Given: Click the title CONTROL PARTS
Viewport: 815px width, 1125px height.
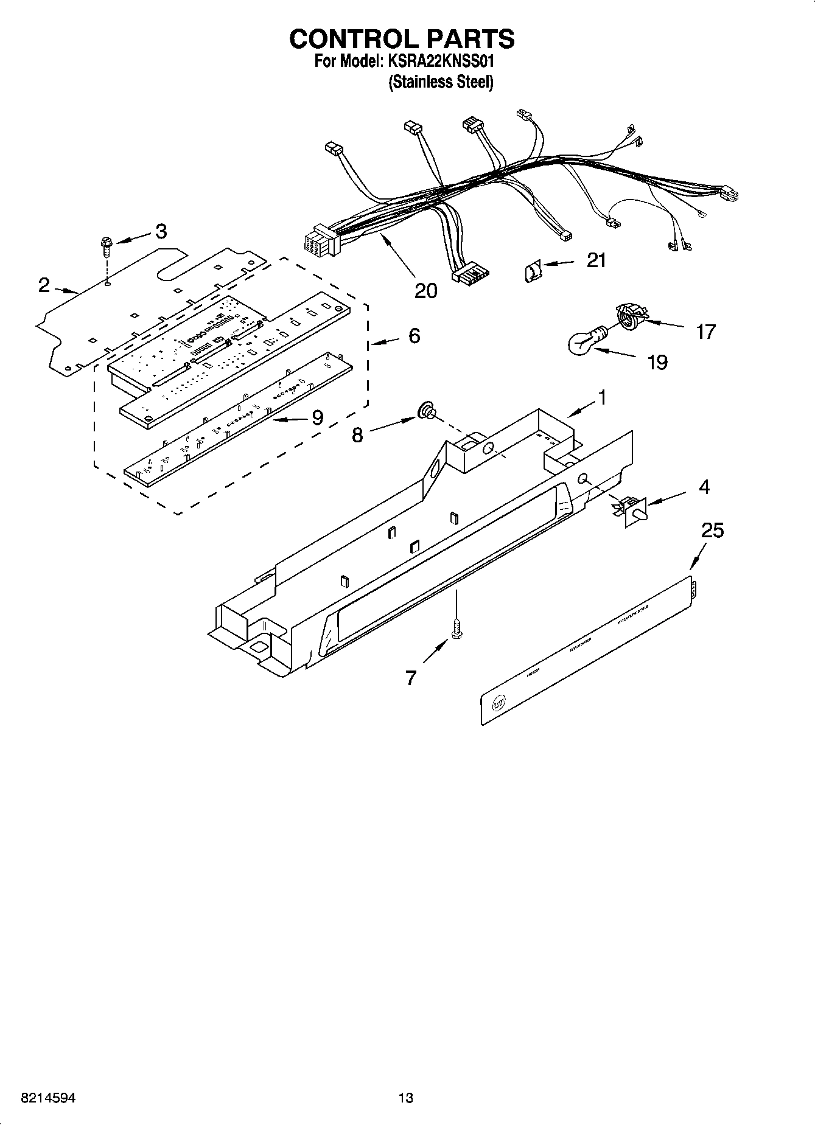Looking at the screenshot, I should tap(402, 38).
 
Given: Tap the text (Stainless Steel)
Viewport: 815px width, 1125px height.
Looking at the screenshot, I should tap(441, 82).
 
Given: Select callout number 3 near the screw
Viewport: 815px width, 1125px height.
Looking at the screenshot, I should tap(160, 231).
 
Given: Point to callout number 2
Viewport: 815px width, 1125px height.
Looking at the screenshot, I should tap(44, 285).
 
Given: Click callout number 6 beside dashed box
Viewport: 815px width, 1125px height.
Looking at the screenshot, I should tap(414, 336).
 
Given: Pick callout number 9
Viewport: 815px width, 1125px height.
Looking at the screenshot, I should tap(317, 417).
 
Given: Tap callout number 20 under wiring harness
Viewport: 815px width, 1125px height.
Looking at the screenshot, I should tap(425, 291).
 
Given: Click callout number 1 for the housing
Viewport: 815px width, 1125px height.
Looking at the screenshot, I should tap(602, 398).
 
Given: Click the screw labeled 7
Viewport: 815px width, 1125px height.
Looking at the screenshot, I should tap(455, 630).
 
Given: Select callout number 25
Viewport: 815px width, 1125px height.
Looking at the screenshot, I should tap(712, 531).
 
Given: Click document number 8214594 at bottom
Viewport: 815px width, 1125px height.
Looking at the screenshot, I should tap(49, 1098).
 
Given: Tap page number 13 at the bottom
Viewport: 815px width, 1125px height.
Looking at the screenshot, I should tap(405, 1098).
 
